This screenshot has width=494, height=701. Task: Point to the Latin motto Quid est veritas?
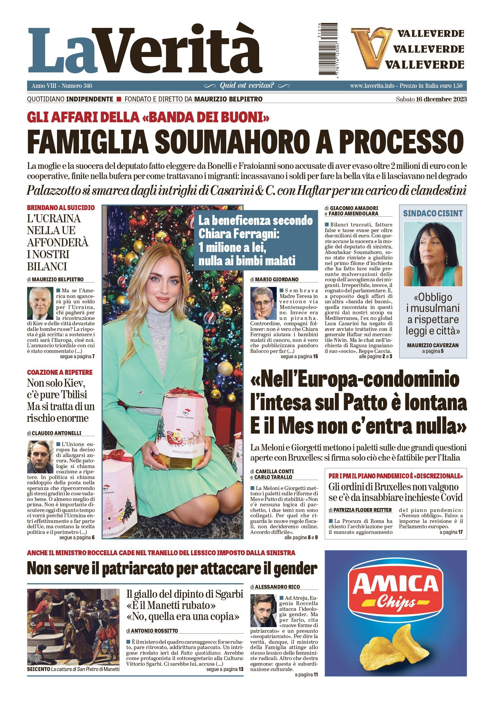click(247, 85)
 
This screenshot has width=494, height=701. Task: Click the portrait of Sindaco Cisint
click(433, 254)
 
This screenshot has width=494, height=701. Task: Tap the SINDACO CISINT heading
click(433, 213)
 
